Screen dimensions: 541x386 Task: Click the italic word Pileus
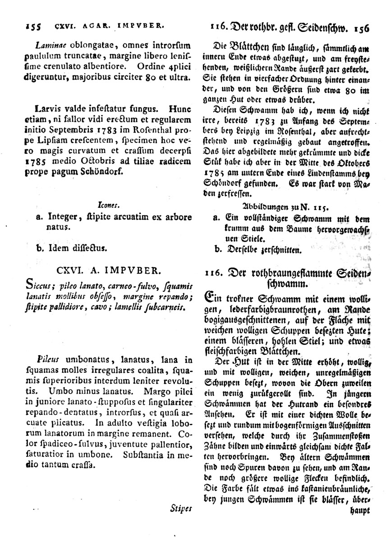[49, 360]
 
